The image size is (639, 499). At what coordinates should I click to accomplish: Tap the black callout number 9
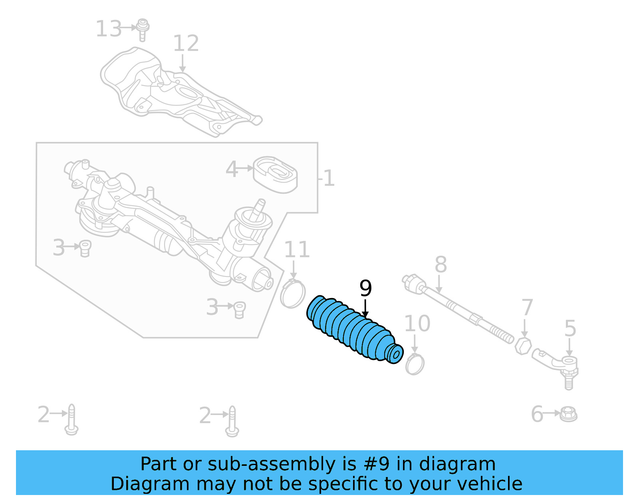point(365,288)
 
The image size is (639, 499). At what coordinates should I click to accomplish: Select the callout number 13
point(108,29)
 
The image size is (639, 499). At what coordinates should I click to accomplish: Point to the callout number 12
point(186,44)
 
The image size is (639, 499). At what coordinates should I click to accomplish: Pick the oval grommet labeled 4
point(276,175)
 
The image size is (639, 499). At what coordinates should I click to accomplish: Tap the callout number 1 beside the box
point(329,178)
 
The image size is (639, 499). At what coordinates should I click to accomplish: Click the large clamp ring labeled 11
point(293,294)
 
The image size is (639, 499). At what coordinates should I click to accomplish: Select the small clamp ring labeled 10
point(415,364)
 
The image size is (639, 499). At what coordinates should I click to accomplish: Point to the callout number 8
point(441,264)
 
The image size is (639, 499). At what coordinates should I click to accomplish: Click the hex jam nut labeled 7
point(523,346)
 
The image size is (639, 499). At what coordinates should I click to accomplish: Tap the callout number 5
point(570,328)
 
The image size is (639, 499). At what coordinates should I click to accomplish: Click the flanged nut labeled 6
point(568,414)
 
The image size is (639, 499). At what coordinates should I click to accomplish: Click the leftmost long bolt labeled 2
point(71,419)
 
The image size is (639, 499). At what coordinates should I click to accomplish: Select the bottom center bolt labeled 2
point(232,421)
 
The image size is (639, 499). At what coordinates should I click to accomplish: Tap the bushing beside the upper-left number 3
point(85,248)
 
